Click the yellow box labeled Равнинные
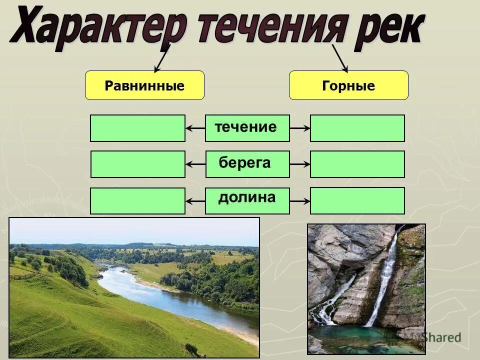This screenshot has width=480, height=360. [x=144, y=85]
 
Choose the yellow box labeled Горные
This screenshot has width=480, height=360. [x=348, y=85]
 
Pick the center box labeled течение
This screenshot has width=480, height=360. [x=247, y=128]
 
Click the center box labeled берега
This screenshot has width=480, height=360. [x=247, y=164]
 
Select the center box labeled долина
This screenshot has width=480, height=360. [x=247, y=200]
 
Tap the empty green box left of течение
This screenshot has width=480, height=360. [x=137, y=128]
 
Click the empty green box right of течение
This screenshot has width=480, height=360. [x=357, y=128]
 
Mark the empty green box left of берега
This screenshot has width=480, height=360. [x=137, y=164]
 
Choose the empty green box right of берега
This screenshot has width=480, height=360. [x=357, y=164]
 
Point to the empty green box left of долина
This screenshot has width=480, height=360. [x=137, y=201]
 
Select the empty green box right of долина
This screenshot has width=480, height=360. [x=357, y=200]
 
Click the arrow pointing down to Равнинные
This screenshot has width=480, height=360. [x=162, y=59]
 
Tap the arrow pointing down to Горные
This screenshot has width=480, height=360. [x=340, y=58]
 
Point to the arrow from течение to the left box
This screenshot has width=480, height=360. [x=195, y=128]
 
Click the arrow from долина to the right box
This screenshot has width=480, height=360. [x=300, y=201]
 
